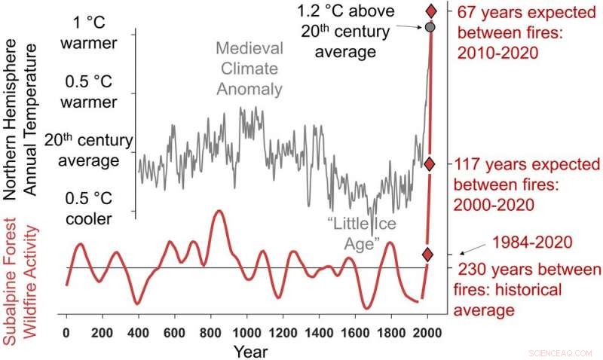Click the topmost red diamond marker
coord(431,11)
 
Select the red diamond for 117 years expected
coord(429,164)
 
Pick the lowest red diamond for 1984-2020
coord(427,255)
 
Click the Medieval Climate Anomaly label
coord(249,69)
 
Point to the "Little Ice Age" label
coord(363,233)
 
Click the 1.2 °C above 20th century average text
coord(346,35)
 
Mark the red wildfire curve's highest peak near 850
coord(219,212)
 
